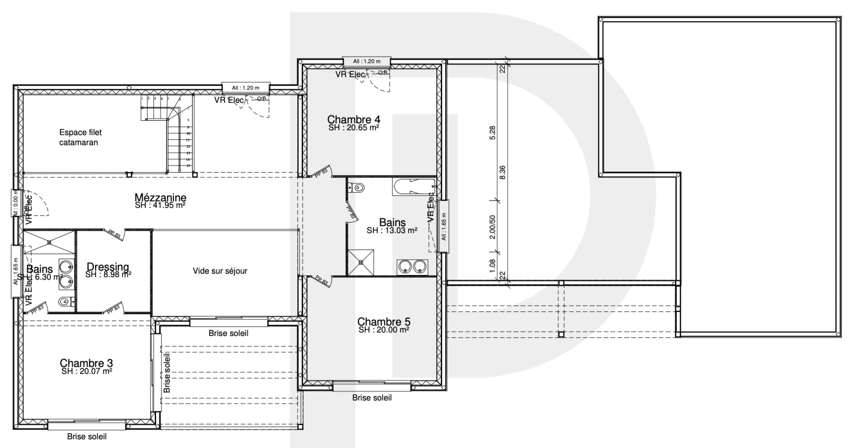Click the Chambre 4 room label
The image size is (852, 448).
pos(353,120)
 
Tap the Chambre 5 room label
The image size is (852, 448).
pos(384,322)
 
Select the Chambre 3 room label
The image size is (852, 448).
pos(86,363)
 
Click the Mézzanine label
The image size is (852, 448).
pos(160,198)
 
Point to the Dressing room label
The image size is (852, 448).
pos(108,267)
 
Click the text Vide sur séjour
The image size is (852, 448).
pos(220,271)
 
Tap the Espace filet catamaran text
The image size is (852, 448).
pos(81,137)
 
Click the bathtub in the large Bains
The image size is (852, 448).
pos(413,187)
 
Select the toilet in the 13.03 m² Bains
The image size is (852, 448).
pos(356,188)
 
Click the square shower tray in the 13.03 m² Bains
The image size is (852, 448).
pos(361,262)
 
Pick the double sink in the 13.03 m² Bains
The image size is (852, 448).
pos(412,267)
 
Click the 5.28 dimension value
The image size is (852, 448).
pos(492,133)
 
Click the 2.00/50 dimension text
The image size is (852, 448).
pos(492,227)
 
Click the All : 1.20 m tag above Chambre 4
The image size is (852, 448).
pos(367,61)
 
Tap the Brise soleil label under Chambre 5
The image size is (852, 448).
pos(372,398)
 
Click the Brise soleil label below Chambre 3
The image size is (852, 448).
pos(87,436)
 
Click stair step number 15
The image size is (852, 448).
pos(188,166)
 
